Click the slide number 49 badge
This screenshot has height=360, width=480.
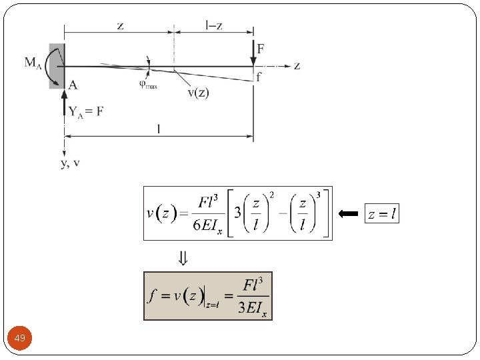click(19, 339)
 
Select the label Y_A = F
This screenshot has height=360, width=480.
click(86, 111)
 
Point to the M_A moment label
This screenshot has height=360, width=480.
click(34, 63)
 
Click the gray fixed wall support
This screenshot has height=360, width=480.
click(57, 65)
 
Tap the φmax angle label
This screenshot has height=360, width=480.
click(148, 84)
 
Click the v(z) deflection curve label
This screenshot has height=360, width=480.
click(197, 93)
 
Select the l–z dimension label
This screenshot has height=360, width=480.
click(214, 25)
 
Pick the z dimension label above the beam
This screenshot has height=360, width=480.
click(120, 25)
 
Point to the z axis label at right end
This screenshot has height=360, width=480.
click(297, 65)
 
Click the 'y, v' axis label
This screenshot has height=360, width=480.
click(70, 163)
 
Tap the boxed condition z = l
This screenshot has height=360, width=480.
click(382, 214)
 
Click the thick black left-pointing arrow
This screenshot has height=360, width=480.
click(348, 214)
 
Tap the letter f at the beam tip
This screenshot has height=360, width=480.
click(259, 77)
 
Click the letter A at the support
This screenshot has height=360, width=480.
click(72, 85)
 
